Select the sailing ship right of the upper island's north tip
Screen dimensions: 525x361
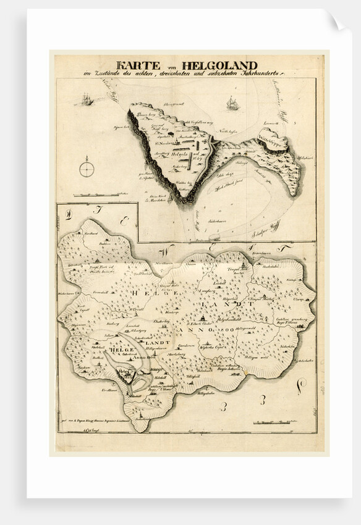(232, 103)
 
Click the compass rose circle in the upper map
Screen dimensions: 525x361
(87, 169)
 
